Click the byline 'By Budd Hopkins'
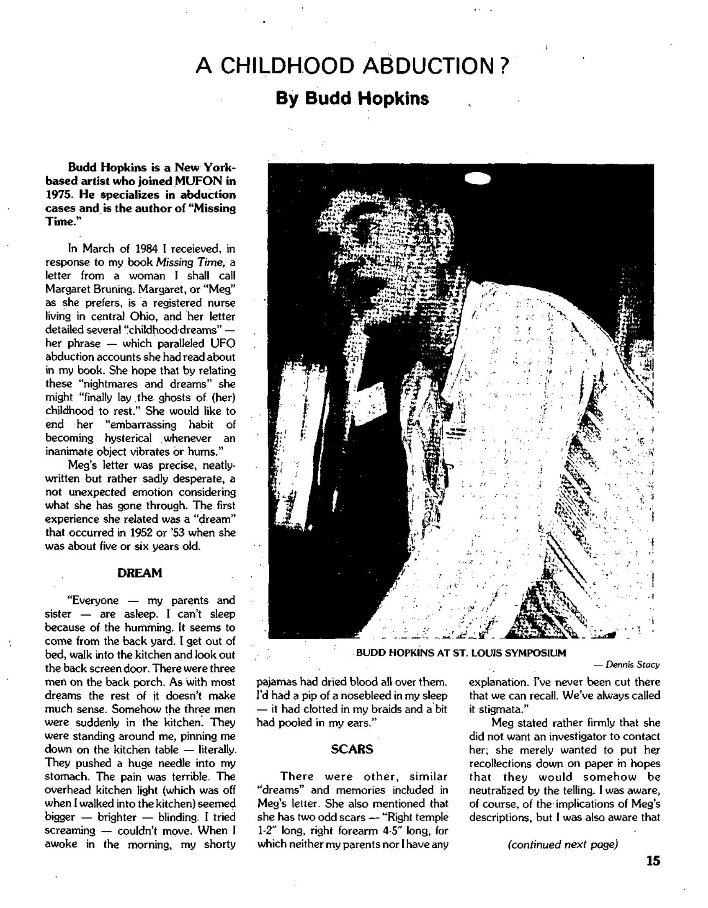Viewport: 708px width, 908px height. point(352,99)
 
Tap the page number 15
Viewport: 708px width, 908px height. point(653,860)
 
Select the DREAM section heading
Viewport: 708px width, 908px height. point(139,573)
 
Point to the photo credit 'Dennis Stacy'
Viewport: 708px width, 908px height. point(632,665)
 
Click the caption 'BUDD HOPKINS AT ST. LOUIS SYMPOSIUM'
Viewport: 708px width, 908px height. point(461,653)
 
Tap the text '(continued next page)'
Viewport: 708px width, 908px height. point(563,844)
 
